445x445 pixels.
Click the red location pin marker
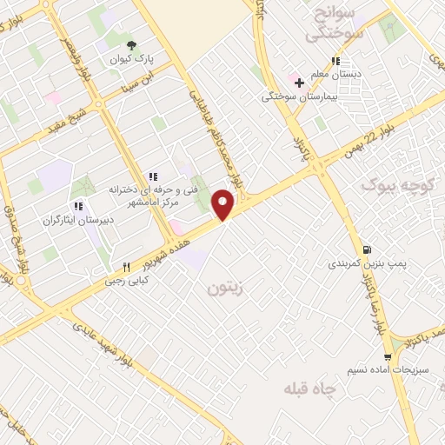pyautogui.click(x=223, y=204)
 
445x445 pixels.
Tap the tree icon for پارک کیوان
pyautogui.click(x=131, y=44)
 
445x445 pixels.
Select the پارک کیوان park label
pyautogui.click(x=131, y=59)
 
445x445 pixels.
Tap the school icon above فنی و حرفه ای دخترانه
pyautogui.click(x=153, y=176)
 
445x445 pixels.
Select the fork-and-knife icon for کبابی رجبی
pyautogui.click(x=127, y=268)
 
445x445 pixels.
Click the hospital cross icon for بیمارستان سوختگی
pyautogui.click(x=300, y=83)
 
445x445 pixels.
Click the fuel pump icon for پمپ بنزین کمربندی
pyautogui.click(x=372, y=248)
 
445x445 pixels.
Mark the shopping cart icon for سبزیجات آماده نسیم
pyautogui.click(x=396, y=355)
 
